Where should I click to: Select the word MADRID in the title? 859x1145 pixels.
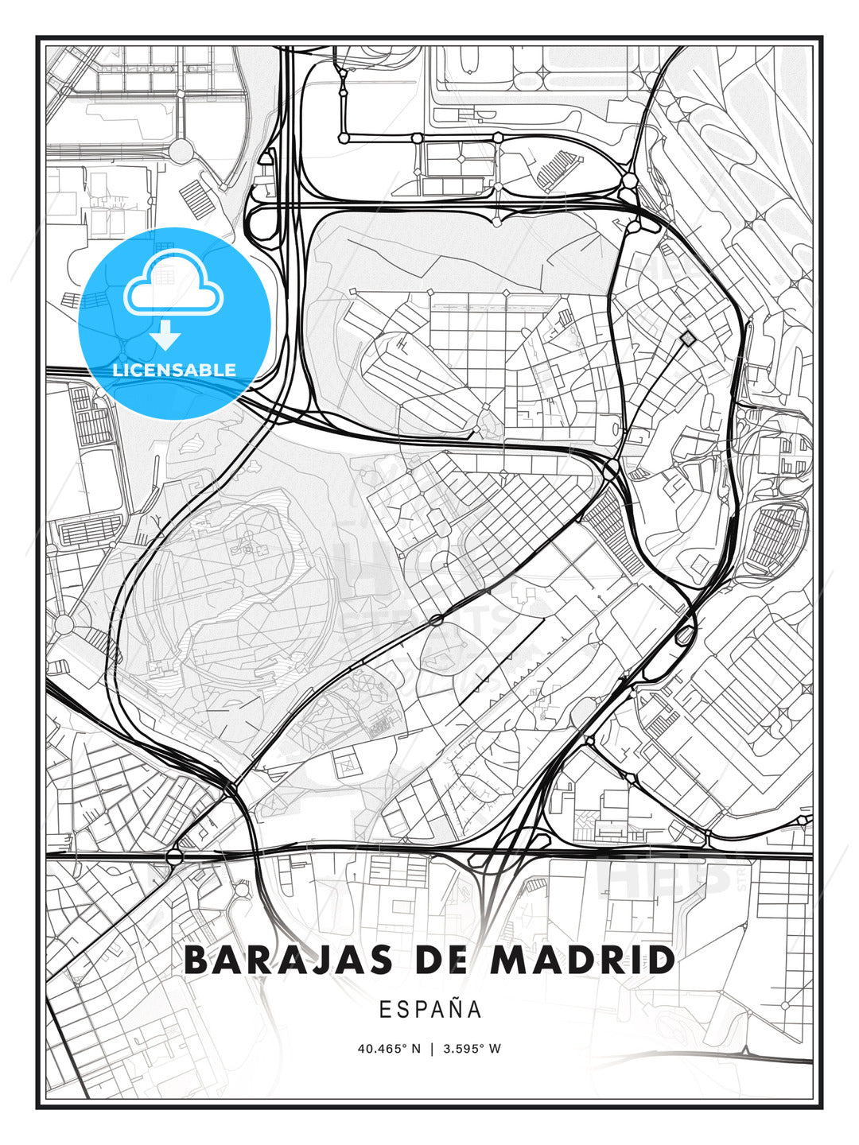pyautogui.click(x=582, y=960)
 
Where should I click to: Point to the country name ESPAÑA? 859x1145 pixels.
pyautogui.click(x=430, y=1009)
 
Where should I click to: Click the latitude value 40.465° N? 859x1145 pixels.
pyautogui.click(x=389, y=1049)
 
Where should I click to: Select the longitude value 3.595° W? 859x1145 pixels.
pyautogui.click(x=472, y=1049)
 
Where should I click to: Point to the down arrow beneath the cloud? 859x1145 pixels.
pyautogui.click(x=166, y=337)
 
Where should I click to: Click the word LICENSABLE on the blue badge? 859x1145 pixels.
pyautogui.click(x=174, y=370)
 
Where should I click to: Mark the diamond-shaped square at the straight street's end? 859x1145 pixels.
pyautogui.click(x=687, y=340)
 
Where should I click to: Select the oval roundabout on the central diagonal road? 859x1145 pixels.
pyautogui.click(x=436, y=619)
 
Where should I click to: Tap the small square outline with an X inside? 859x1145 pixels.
pyautogui.click(x=348, y=765)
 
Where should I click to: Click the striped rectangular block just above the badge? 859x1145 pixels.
pyautogui.click(x=194, y=194)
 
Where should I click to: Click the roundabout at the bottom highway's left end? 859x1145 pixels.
pyautogui.click(x=175, y=856)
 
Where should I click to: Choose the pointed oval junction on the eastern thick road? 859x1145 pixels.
pyautogui.click(x=684, y=635)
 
